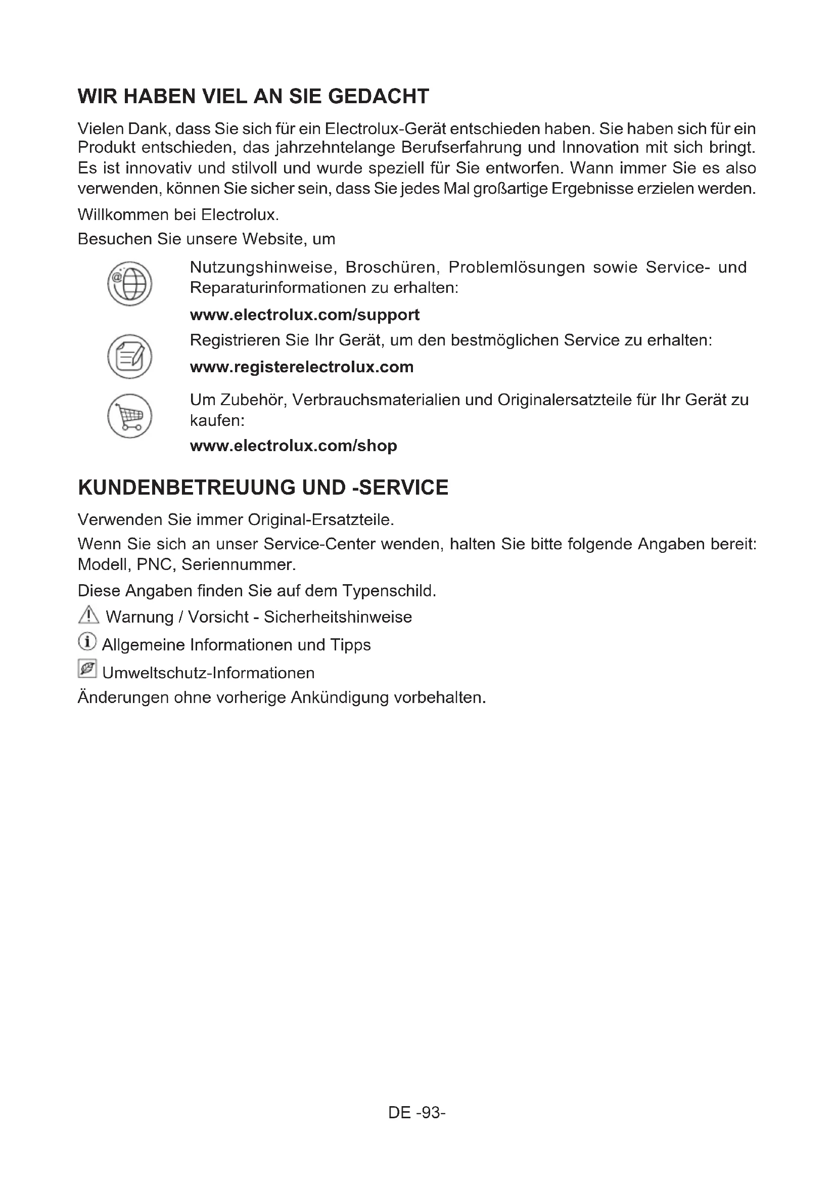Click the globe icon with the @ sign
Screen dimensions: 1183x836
coord(130,284)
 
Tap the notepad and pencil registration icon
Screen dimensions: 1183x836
coord(130,357)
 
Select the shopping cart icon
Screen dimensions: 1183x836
coord(130,416)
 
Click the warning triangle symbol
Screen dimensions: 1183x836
coord(88,615)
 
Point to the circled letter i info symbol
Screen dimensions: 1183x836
coord(87,642)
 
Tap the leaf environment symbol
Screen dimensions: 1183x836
coord(87,669)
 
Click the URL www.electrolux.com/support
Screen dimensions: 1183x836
coord(305,315)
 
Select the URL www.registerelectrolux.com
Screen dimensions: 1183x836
coord(302,367)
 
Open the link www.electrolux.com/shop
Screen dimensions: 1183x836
coord(294,446)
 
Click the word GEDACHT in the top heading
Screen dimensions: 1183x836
coord(379,97)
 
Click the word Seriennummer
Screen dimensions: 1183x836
coord(239,565)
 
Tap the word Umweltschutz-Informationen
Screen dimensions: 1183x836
coord(208,673)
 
